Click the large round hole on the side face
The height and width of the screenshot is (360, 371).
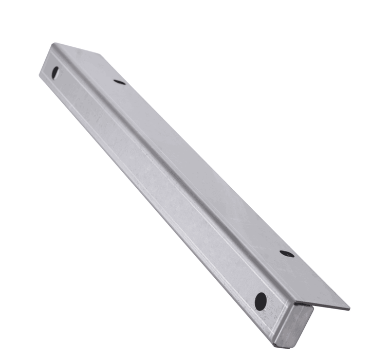261,301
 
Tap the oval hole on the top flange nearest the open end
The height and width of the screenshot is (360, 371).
287,254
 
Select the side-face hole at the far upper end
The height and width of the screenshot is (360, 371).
54,73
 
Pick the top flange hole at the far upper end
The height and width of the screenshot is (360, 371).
119,82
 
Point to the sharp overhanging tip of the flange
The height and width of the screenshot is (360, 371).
348,309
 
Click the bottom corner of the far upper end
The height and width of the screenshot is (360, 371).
41,77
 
